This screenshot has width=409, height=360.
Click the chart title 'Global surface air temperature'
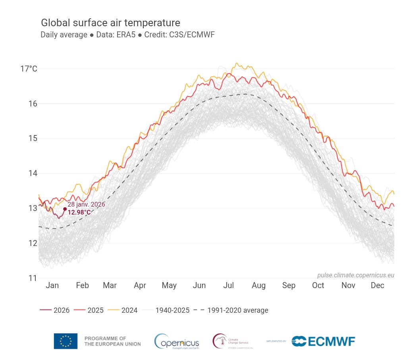tap(110, 23)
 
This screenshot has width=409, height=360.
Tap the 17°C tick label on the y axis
tap(29, 69)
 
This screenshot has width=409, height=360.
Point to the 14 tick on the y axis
tap(33, 173)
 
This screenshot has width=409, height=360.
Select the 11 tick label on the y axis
tap(33, 278)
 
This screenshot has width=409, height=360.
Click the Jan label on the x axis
tap(52, 285)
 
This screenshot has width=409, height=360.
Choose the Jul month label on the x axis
tap(229, 285)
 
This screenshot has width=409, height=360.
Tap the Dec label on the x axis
tap(377, 285)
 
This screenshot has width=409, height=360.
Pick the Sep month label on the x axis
tap(289, 285)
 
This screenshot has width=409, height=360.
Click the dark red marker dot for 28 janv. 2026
tap(65, 209)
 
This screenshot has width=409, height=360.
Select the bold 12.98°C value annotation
tap(79, 213)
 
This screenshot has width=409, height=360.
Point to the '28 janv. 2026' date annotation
tap(86, 204)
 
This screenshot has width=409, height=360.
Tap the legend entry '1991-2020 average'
tap(231, 310)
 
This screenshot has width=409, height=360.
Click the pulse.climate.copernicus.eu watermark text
tap(355, 275)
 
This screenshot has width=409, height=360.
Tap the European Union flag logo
tap(66, 341)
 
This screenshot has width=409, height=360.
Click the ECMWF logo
tap(323, 341)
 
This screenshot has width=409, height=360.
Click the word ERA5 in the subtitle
tap(126, 35)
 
